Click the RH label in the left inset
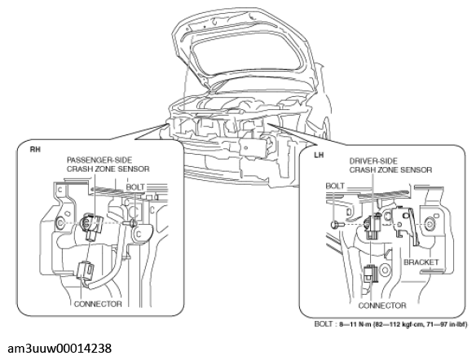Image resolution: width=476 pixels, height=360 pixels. [35, 149]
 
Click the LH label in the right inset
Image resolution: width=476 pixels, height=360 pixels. [319, 155]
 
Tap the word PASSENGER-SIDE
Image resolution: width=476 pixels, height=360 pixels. [99, 160]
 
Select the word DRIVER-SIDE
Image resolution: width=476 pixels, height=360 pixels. [373, 160]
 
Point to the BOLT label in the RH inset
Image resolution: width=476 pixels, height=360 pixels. [135, 187]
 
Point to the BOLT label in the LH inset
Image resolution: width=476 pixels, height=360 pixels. [335, 186]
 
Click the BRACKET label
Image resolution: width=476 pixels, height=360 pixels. [421, 262]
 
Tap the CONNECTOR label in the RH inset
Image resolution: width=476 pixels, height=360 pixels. [98, 304]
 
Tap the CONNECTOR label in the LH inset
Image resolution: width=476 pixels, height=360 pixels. [382, 305]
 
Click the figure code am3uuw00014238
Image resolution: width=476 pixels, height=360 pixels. [59, 349]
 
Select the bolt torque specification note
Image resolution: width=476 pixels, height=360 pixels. [390, 324]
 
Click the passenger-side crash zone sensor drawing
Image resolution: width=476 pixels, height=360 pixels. [92, 226]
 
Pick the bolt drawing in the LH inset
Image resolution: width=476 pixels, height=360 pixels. [336, 225]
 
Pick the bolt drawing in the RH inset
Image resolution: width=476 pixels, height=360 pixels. [130, 223]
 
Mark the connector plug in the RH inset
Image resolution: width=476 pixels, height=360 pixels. [86, 271]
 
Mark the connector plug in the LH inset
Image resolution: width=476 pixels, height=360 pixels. [371, 274]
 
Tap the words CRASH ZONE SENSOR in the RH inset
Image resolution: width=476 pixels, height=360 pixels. [108, 169]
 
